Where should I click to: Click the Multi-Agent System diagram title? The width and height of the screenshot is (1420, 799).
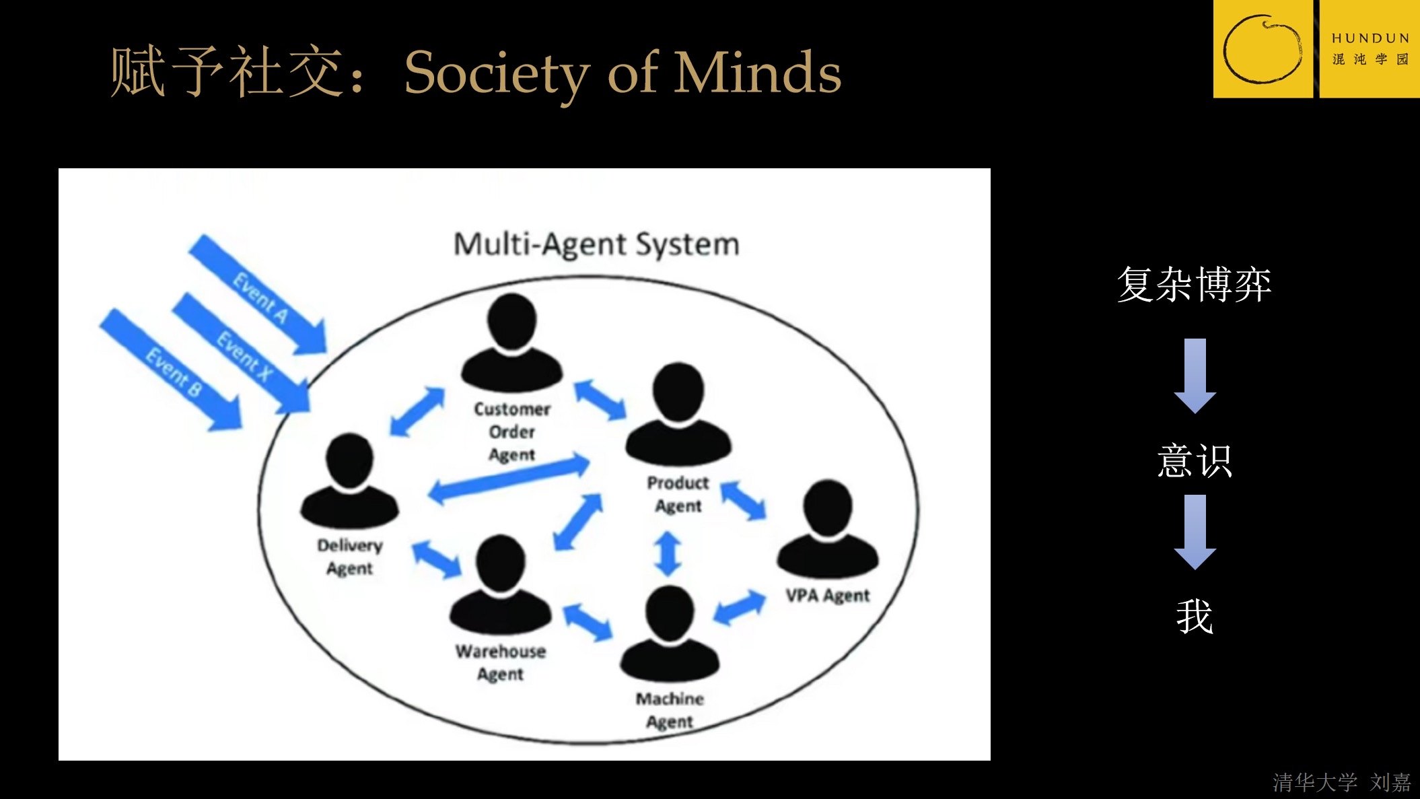coord(596,244)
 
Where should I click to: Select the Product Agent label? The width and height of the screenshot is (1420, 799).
coord(678,494)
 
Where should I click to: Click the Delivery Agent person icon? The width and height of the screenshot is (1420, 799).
coord(349,481)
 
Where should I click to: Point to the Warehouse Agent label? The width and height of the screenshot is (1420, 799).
coord(500,662)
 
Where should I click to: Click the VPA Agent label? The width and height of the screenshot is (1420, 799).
coord(827,596)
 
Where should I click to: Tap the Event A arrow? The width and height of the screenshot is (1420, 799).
coord(260,296)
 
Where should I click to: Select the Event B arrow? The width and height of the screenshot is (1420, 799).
coord(172,371)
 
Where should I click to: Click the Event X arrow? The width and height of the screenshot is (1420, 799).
coord(243,354)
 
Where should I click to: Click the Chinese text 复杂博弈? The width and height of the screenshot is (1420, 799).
coord(1194,284)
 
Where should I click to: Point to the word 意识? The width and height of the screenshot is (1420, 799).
coord(1195,461)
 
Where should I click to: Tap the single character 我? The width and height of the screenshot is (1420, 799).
coord(1195,617)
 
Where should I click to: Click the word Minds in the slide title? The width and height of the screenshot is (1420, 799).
coord(757,73)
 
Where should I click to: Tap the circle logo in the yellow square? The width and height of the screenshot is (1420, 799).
coord(1263,49)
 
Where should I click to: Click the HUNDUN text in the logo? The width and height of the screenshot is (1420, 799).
coord(1370,38)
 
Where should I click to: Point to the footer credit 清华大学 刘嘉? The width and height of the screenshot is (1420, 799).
coord(1341,782)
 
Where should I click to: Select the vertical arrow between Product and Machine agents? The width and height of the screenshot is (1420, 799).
coord(668,554)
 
